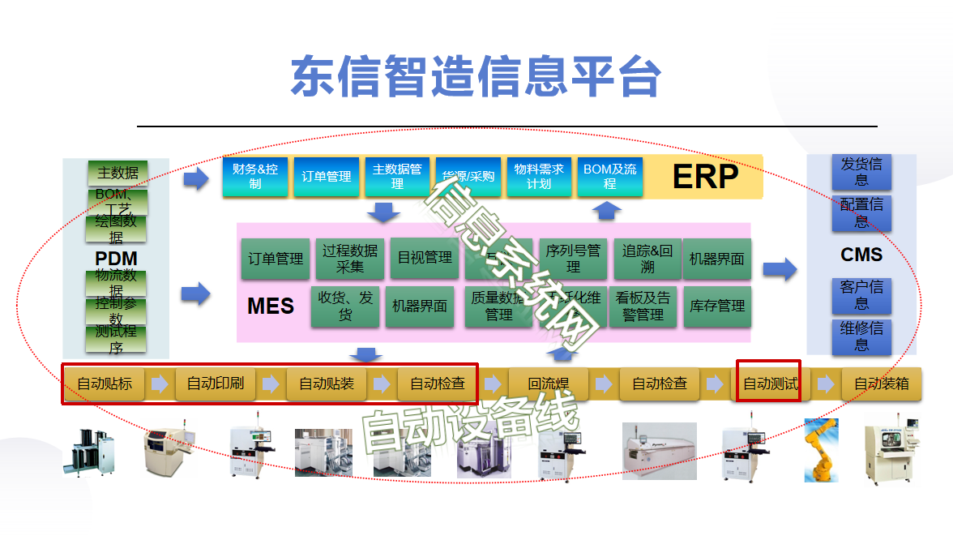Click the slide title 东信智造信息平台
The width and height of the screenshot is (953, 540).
click(476, 77)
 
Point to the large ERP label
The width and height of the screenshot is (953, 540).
click(705, 176)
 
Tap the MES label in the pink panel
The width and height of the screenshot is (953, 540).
click(270, 306)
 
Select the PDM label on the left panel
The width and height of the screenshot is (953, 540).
click(116, 259)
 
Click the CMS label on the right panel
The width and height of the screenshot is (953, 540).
click(861, 255)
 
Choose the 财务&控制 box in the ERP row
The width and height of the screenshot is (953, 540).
click(255, 177)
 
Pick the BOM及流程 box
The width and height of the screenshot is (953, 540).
click(609, 177)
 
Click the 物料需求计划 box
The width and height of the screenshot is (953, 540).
click(539, 177)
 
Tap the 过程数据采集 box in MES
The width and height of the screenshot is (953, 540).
click(350, 259)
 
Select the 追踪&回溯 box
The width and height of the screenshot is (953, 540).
click(647, 259)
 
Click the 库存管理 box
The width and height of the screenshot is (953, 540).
click(717, 306)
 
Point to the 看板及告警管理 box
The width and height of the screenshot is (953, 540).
click(643, 306)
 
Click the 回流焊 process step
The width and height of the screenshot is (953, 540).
click(548, 384)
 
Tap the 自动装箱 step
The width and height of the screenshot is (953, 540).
click(882, 384)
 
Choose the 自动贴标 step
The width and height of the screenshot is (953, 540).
click(105, 384)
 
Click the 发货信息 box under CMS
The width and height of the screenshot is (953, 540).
click(861, 171)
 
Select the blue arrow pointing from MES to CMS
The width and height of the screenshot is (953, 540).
click(780, 269)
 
